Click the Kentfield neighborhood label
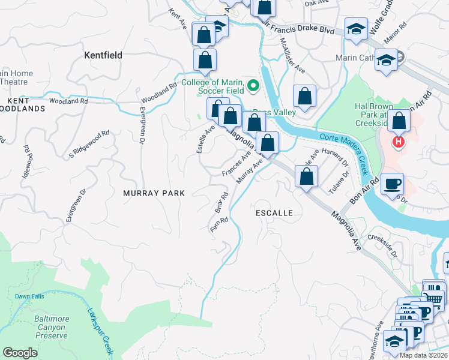click(103, 55)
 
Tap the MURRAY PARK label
click(154, 193)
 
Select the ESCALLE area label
click(274, 213)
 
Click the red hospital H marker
click(397, 143)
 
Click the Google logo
click(20, 353)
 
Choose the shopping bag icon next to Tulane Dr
click(307, 177)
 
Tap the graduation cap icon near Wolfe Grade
click(356, 28)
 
